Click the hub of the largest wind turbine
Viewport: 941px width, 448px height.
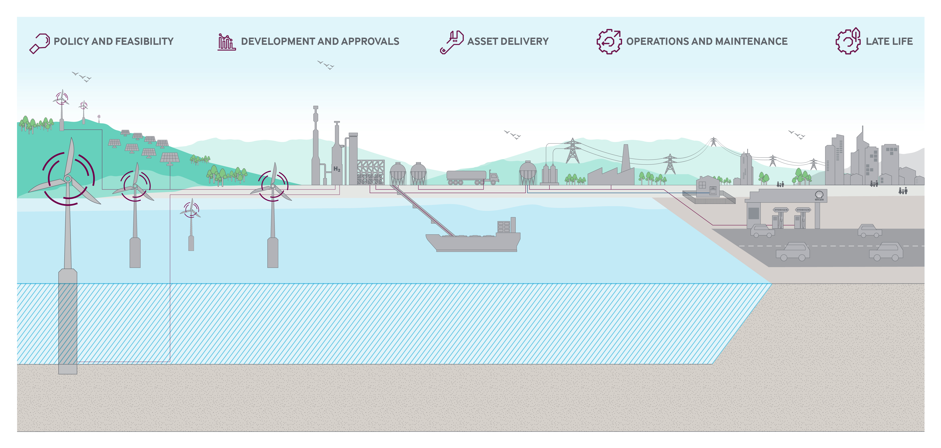point(67,178)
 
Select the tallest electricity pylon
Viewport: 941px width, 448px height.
point(572,151)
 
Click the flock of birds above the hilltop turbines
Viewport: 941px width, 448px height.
point(82,77)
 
